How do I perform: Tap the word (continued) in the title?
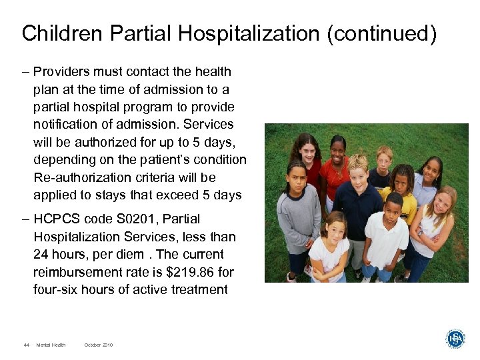[x=381, y=33]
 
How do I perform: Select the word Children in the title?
[x=59, y=33]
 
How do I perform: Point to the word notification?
[x=66, y=125]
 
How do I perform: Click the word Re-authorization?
[x=79, y=178]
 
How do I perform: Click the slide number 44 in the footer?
[x=26, y=345]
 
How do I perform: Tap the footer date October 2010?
[x=99, y=345]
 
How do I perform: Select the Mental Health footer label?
[x=51, y=345]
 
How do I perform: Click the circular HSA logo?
[x=455, y=339]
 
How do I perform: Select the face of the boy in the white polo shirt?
[x=393, y=206]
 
